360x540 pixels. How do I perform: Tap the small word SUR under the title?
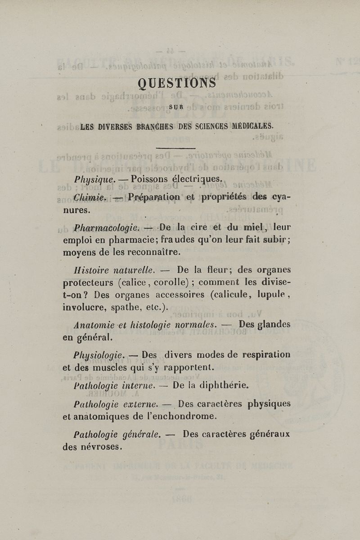click(176, 107)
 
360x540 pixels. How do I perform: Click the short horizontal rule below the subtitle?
click(175, 148)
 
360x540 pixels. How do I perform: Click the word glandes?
click(271, 324)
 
